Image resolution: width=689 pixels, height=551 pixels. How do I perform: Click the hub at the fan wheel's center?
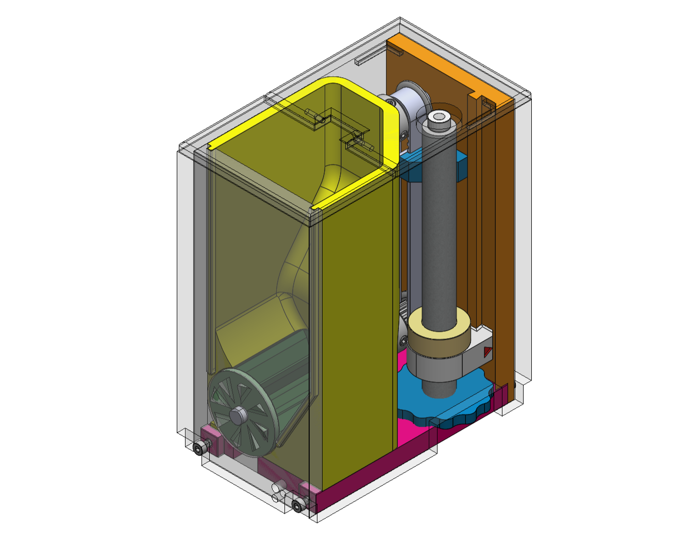(x=238, y=414)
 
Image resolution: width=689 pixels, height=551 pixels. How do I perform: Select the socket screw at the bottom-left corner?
(x=199, y=449)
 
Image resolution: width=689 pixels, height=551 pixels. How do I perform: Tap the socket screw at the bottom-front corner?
(x=297, y=506)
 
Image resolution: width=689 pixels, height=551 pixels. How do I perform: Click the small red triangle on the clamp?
(x=487, y=353)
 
